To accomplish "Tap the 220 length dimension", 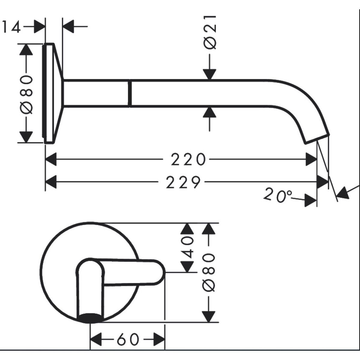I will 188,159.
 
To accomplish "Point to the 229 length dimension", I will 183,182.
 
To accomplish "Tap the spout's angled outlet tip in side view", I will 317,139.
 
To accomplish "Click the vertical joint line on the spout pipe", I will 130,93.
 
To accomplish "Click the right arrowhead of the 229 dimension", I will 322,182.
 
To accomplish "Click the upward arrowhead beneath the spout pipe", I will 209,112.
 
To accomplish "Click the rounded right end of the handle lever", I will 162,272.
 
